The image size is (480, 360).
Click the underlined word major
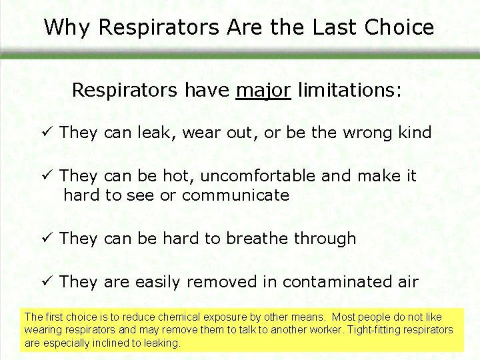point(263,89)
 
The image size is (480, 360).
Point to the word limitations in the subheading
point(350,89)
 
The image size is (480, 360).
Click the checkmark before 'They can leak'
point(47,133)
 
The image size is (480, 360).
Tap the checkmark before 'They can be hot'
point(47,176)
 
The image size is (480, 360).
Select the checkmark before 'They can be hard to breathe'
point(47,238)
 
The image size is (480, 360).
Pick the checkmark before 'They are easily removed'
point(47,282)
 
